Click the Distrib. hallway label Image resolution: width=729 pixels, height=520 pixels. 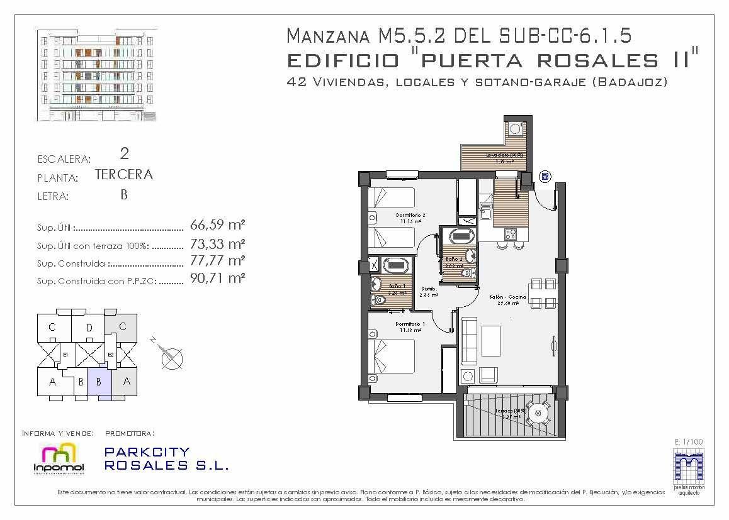[x=429, y=292]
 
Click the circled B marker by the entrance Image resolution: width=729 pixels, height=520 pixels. [x=545, y=177]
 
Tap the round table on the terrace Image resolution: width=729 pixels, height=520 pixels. [x=538, y=413]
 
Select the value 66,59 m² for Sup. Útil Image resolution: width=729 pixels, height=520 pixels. [x=217, y=225]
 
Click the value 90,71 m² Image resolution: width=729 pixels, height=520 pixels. [x=217, y=277]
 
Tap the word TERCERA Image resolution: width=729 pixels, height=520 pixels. [x=124, y=175]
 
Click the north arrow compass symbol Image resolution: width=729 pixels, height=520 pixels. [x=171, y=358]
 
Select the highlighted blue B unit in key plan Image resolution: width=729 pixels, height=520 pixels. [x=99, y=382]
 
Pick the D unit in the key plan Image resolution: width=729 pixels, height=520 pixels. [x=89, y=327]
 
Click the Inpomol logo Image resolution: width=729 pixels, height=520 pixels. [x=58, y=456]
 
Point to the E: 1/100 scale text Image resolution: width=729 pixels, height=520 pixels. [x=688, y=442]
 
